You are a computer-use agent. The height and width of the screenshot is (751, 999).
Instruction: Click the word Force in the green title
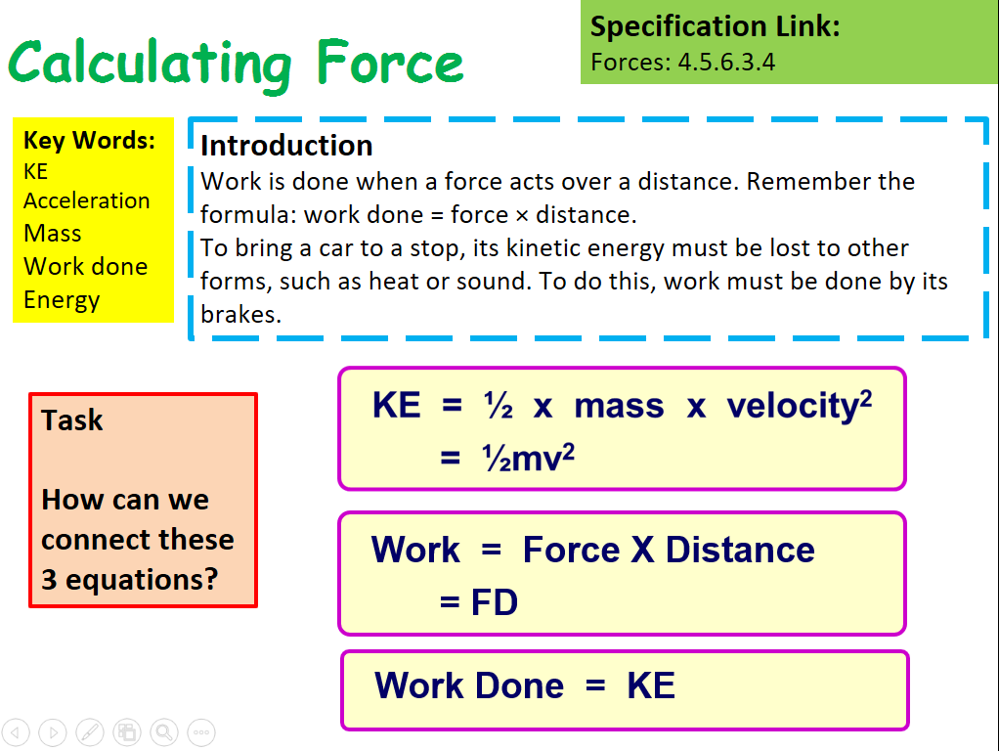click(389, 63)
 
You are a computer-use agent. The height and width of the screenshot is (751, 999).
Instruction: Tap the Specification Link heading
click(715, 26)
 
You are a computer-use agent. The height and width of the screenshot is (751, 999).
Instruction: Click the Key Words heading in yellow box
click(89, 140)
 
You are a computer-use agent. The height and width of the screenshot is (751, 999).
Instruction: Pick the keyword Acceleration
click(86, 200)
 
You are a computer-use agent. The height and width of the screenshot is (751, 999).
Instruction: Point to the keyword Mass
click(52, 233)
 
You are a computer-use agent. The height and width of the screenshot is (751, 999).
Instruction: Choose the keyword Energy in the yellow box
click(62, 299)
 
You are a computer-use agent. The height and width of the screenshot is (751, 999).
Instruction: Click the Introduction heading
click(286, 146)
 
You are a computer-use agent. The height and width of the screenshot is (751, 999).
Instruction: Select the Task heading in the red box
click(72, 420)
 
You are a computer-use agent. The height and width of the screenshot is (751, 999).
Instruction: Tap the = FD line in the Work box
click(478, 602)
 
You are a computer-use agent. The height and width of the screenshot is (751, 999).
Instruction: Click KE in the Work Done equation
click(650, 685)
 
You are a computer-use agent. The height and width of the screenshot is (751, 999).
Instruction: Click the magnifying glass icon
click(163, 731)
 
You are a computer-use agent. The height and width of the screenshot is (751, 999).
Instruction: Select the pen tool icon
click(89, 731)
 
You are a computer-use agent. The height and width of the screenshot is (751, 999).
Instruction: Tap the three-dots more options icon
click(200, 731)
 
